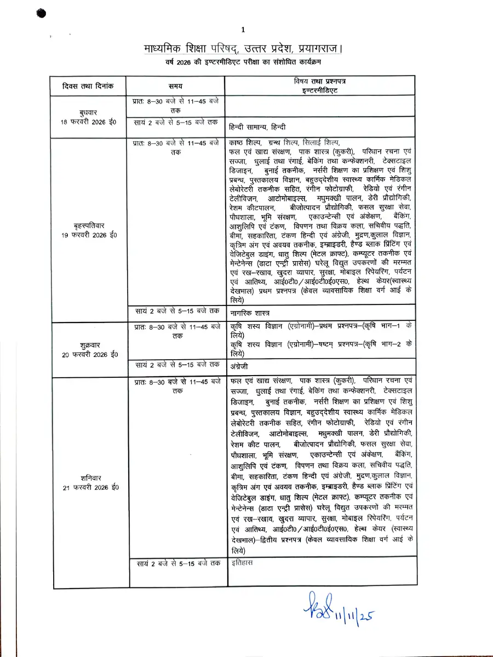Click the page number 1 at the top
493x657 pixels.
coord(243,29)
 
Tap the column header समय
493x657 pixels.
coord(175,86)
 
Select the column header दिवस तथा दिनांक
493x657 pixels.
coord(89,86)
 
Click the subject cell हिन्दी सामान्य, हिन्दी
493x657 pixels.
coord(257,126)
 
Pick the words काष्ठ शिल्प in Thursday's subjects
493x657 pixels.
coord(244,142)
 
